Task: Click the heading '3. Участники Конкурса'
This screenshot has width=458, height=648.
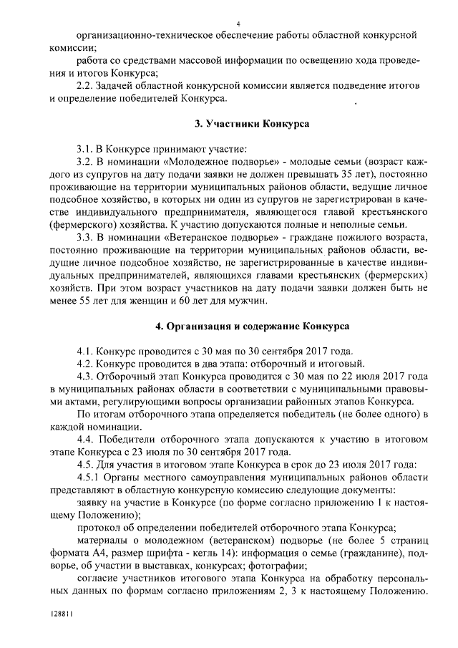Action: tap(252, 123)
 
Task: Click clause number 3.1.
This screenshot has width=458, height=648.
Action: tap(86, 149)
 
